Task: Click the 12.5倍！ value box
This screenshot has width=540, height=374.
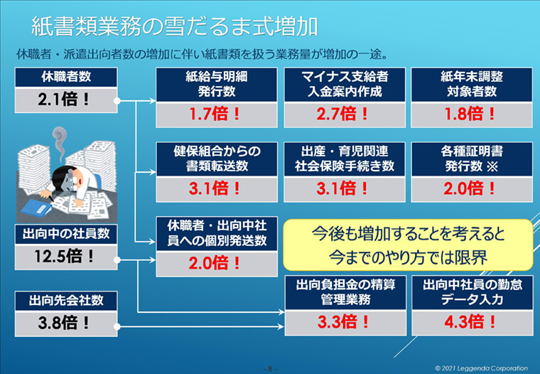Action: point(66,257)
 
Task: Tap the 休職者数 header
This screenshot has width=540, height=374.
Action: point(66,77)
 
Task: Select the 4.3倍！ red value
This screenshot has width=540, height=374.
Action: point(470,322)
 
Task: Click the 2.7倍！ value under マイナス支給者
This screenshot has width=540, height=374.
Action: point(343,114)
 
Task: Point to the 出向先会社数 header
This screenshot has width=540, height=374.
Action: point(66,301)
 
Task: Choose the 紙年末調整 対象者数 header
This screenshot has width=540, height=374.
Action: point(472,85)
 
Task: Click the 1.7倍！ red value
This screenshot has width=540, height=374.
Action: point(215,114)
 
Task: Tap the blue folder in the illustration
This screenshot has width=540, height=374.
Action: point(36,208)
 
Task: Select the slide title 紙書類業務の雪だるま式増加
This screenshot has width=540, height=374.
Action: point(174,27)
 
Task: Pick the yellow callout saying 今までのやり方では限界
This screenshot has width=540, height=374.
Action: point(408,245)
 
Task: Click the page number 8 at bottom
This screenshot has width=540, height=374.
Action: point(270,368)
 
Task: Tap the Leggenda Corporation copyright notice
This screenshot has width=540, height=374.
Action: point(481,368)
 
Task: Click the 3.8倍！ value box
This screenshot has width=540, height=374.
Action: point(66,324)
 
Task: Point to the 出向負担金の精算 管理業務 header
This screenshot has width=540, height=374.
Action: point(345,292)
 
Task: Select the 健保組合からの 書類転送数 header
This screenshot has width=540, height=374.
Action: point(217,159)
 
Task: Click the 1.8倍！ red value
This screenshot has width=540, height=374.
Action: point(470,114)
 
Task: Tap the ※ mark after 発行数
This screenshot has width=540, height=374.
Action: point(492,167)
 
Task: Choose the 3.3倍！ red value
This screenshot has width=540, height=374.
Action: point(344,322)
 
